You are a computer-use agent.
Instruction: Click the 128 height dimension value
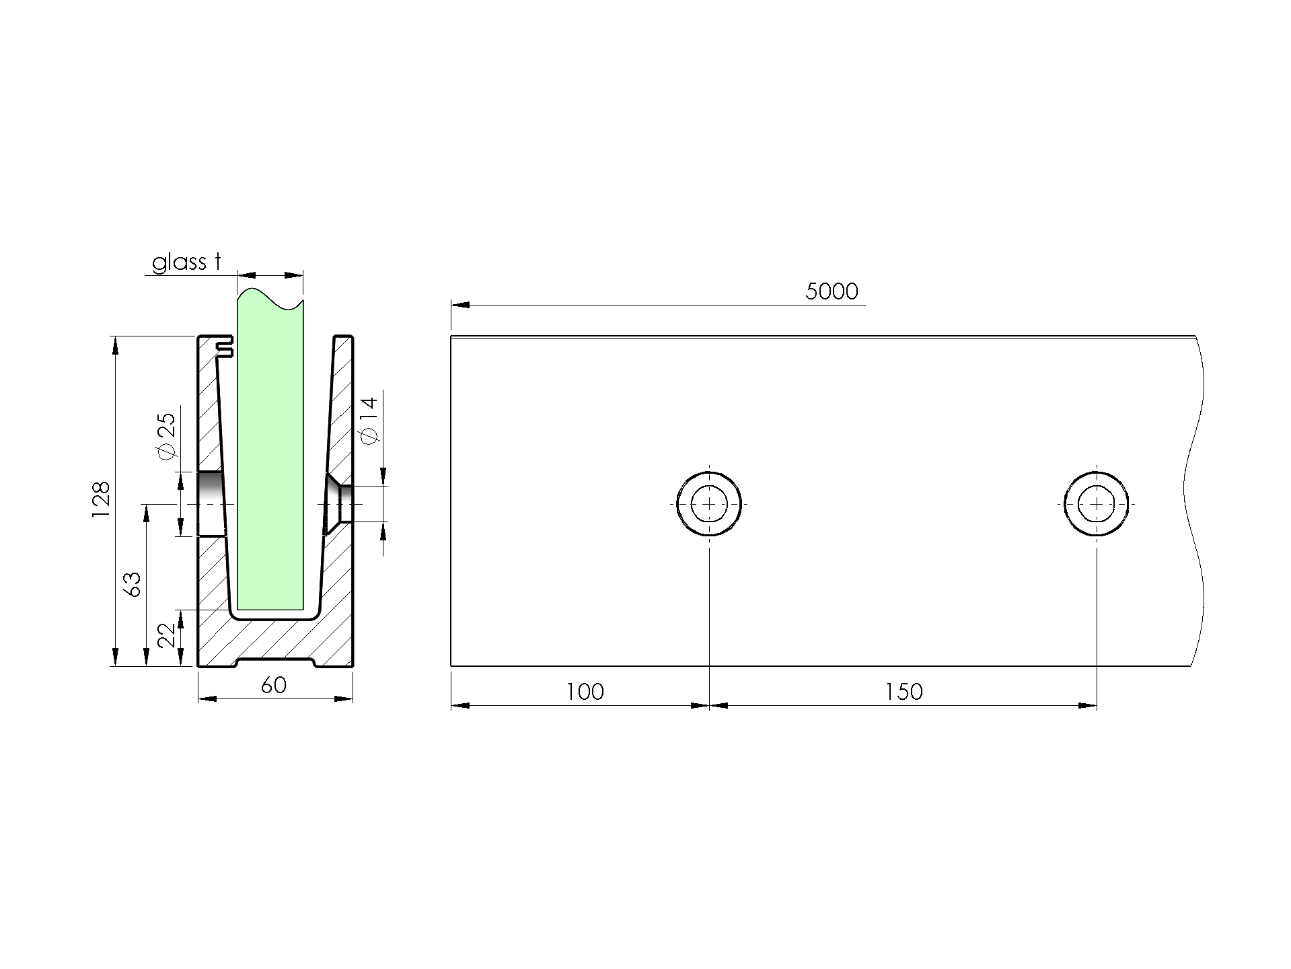101,499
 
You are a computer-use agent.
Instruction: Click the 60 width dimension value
274,684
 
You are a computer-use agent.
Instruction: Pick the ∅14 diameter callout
369,420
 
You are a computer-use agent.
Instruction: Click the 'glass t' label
187,262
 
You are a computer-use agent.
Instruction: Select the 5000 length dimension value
832,291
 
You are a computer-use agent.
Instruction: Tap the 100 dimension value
585,691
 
